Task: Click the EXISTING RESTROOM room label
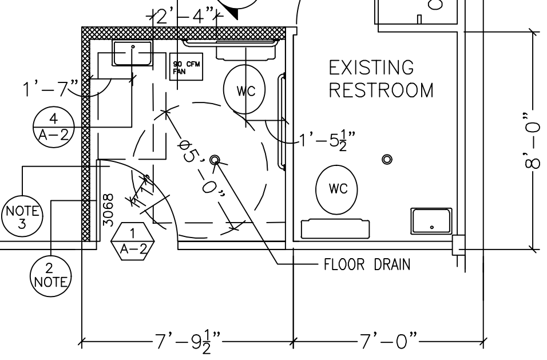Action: pos(380,79)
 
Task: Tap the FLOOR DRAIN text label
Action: pos(367,265)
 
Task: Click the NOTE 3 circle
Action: pos(22,216)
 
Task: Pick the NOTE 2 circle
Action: pos(50,274)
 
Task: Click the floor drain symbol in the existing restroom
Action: pos(387,159)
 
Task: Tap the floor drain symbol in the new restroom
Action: pos(215,160)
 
